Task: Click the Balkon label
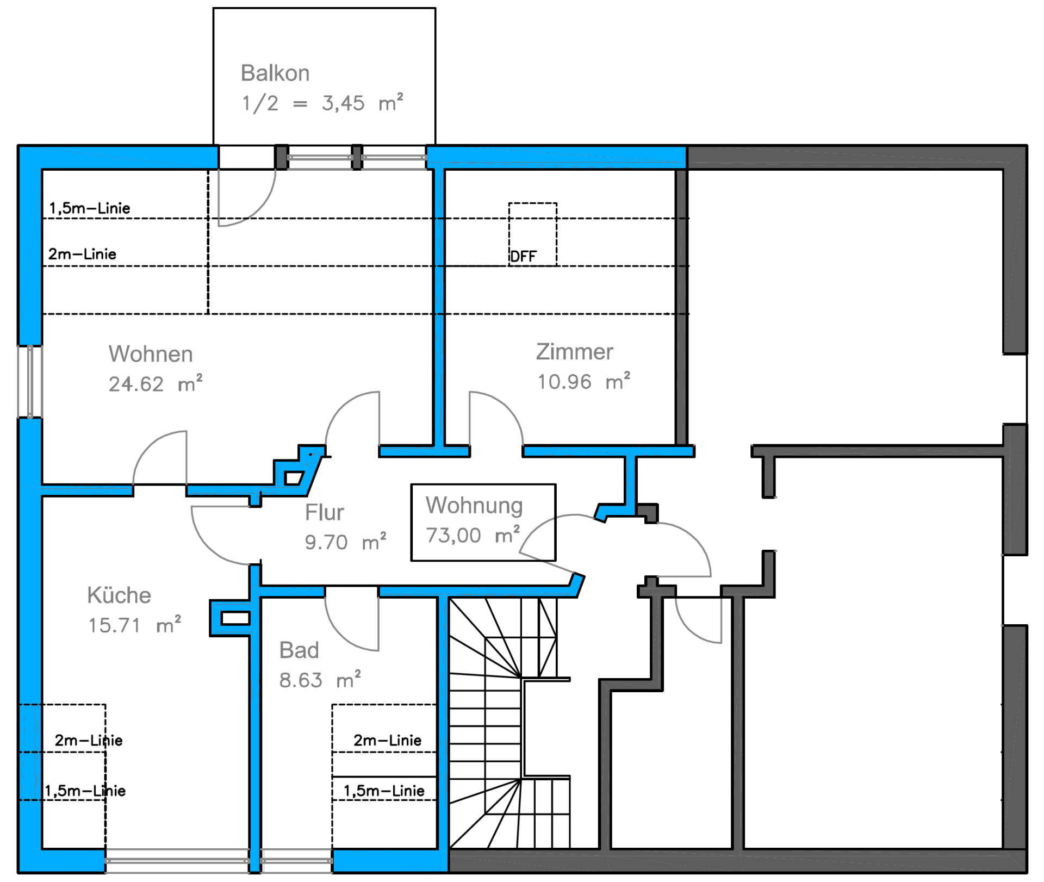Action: click(275, 73)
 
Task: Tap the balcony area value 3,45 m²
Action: click(363, 103)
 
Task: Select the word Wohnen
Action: click(151, 354)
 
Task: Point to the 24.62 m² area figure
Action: click(156, 384)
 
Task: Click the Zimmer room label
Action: click(575, 352)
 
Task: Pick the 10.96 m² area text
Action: click(584, 382)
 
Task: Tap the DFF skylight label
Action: click(523, 257)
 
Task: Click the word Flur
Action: click(324, 512)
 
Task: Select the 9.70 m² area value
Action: click(345, 542)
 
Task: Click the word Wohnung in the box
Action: click(474, 506)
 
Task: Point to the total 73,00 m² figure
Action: click(473, 535)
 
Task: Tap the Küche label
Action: click(119, 595)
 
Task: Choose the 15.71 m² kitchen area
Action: click(135, 625)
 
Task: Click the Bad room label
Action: click(299, 650)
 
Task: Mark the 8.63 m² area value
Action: click(320, 680)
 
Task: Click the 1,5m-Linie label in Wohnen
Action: click(90, 208)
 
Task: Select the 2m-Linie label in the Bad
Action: click(387, 740)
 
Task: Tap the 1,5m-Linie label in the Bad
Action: click(384, 791)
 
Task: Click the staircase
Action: click(510, 723)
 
